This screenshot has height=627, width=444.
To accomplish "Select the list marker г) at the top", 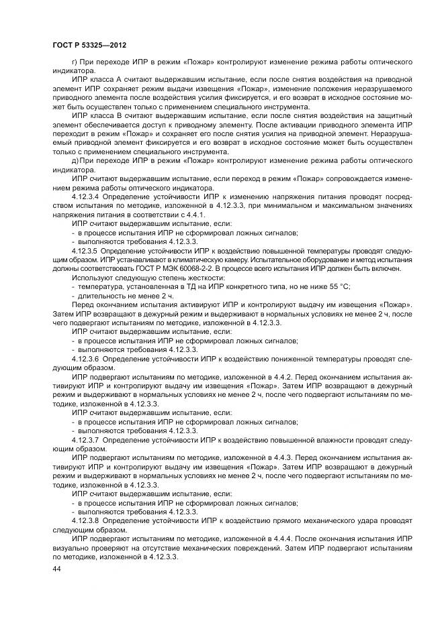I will pos(74,61).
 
